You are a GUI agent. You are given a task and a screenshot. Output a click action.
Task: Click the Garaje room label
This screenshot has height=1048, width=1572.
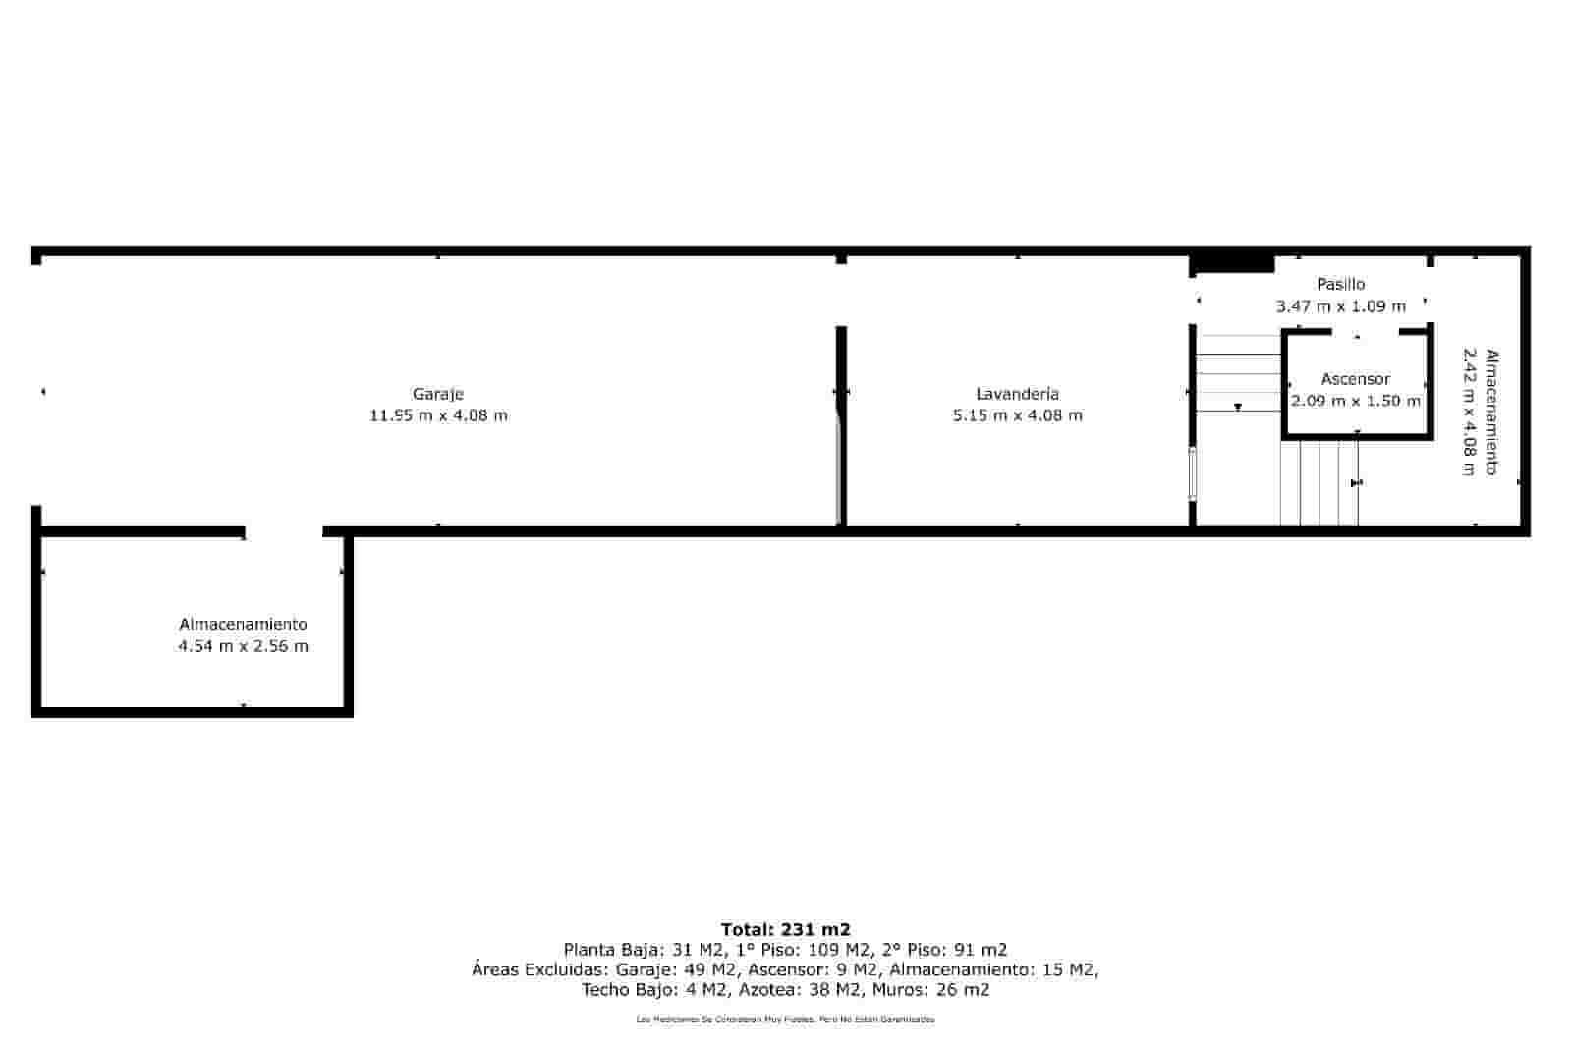(x=437, y=394)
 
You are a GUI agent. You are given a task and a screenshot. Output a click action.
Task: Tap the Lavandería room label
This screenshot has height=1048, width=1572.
(x=1017, y=394)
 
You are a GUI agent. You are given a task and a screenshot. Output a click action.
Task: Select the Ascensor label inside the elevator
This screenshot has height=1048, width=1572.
(x=1355, y=379)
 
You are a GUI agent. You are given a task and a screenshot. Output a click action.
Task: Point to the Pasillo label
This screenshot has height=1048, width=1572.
(x=1340, y=284)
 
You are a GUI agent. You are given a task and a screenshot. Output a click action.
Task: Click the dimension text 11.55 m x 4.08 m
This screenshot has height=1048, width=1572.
(x=438, y=415)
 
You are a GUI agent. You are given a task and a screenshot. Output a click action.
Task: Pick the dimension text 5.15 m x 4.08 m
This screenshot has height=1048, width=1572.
(x=1017, y=415)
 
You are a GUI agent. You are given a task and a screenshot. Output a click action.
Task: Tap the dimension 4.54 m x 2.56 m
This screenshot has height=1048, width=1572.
(x=243, y=646)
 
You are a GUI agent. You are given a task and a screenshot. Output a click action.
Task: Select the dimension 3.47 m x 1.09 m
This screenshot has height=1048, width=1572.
(x=1340, y=306)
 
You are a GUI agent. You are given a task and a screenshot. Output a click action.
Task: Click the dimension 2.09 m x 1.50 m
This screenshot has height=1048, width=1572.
(x=1355, y=401)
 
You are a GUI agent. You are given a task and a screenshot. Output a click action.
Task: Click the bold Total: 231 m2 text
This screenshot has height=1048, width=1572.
(x=785, y=929)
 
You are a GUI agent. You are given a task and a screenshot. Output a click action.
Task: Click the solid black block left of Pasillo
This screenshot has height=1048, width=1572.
(x=1232, y=264)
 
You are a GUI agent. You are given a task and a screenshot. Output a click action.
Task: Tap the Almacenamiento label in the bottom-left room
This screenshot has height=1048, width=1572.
(x=243, y=624)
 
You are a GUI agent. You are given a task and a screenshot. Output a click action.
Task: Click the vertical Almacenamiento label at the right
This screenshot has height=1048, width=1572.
(x=1491, y=413)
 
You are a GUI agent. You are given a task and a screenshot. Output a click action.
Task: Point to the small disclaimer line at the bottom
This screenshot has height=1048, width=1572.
(x=785, y=1020)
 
